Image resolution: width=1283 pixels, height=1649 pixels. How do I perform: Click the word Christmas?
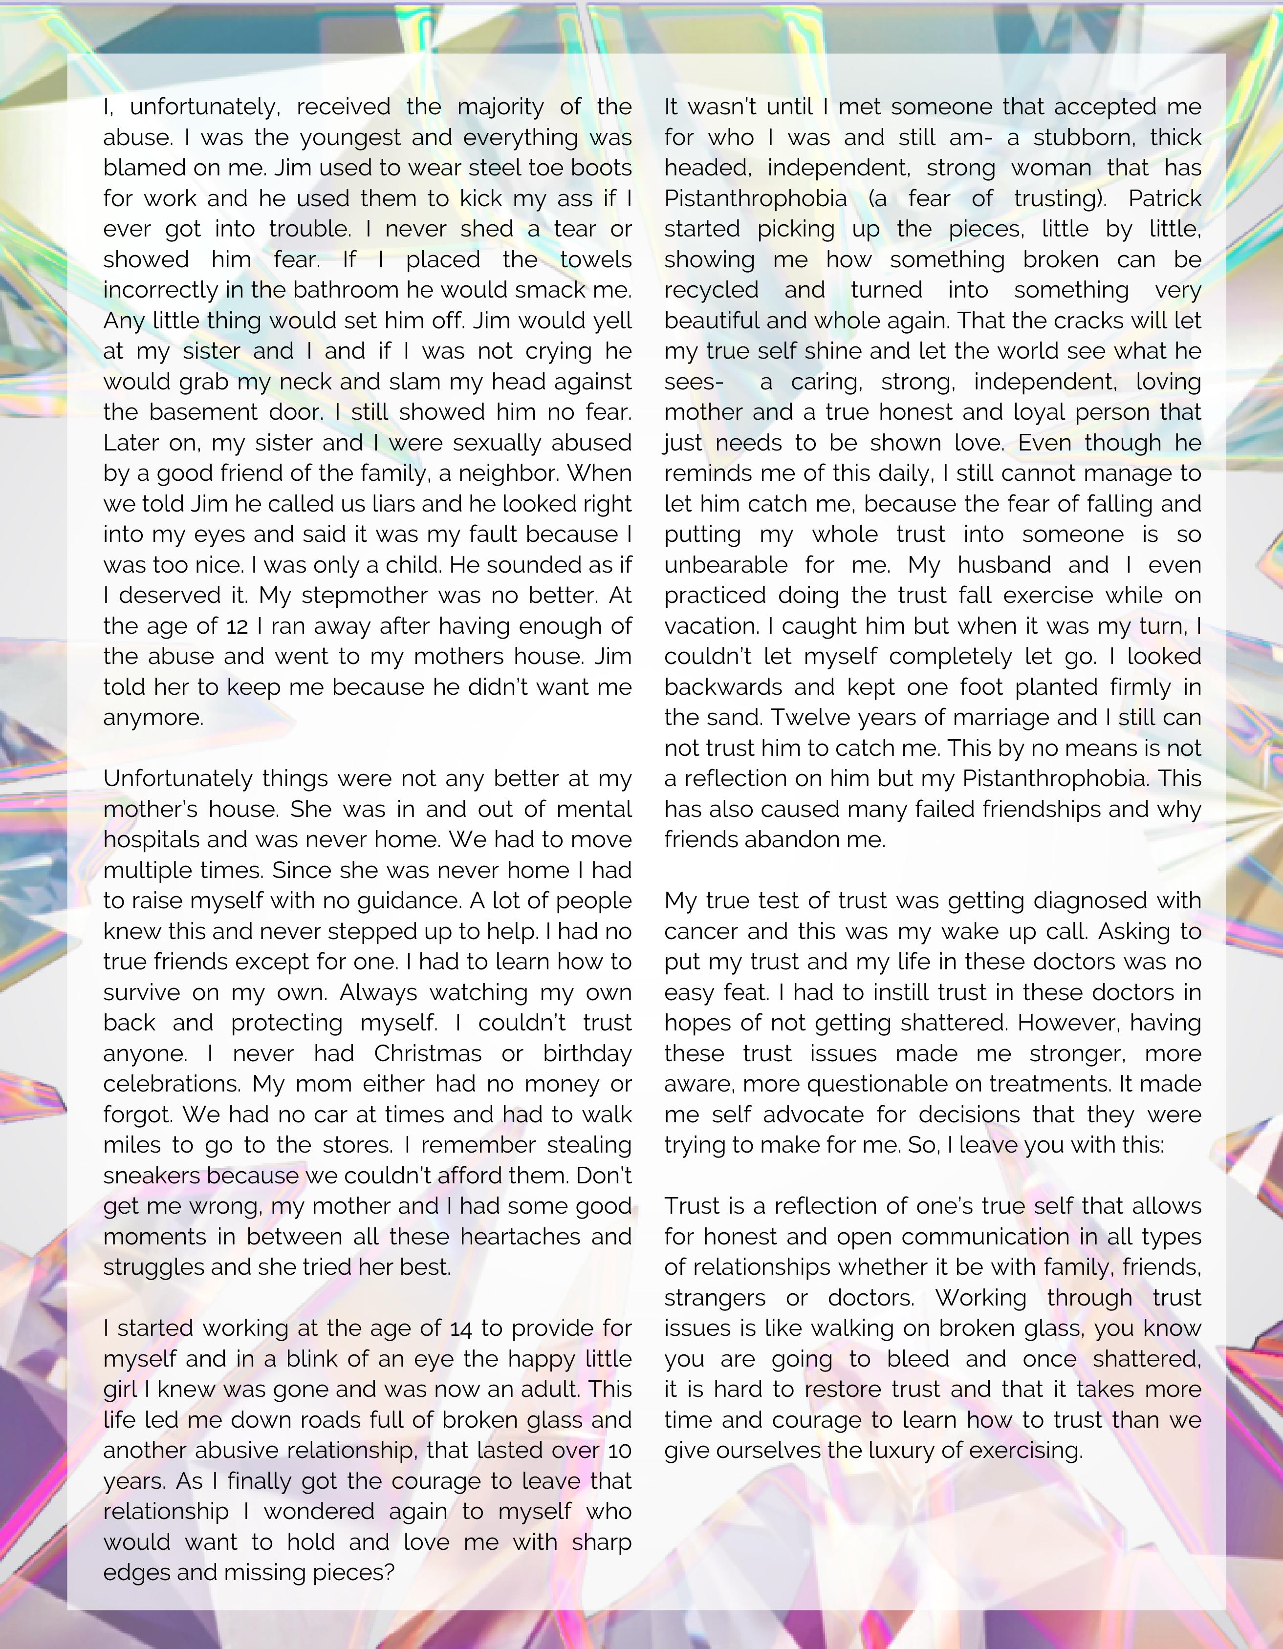pyautogui.click(x=427, y=1053)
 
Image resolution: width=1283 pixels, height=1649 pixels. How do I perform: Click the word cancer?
pyautogui.click(x=698, y=931)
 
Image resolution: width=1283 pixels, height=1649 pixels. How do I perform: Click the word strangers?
pyautogui.click(x=715, y=1298)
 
